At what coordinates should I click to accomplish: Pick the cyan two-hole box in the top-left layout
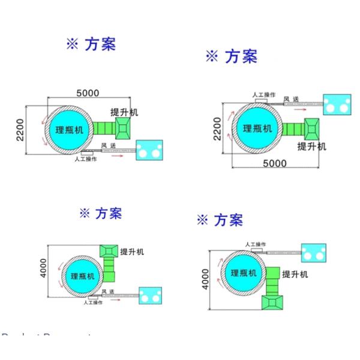(x=149, y=150)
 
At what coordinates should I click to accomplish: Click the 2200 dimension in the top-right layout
(x=218, y=128)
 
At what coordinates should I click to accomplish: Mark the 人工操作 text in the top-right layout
(x=263, y=94)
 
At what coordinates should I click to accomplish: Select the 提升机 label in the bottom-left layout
(x=133, y=251)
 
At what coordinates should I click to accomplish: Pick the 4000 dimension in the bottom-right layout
(x=206, y=278)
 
